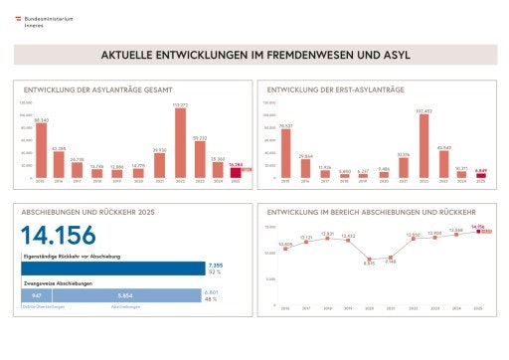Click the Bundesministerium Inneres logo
(x=40, y=21)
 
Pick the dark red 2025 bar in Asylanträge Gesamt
(x=236, y=173)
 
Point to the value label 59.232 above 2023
(x=199, y=138)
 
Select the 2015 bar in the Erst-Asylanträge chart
(x=285, y=154)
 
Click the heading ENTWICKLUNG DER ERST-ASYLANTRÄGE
(x=335, y=90)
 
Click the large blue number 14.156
(x=60, y=236)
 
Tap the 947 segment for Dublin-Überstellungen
(x=36, y=295)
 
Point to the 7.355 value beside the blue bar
(x=216, y=266)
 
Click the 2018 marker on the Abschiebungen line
(x=327, y=239)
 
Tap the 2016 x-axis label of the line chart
(x=285, y=308)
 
